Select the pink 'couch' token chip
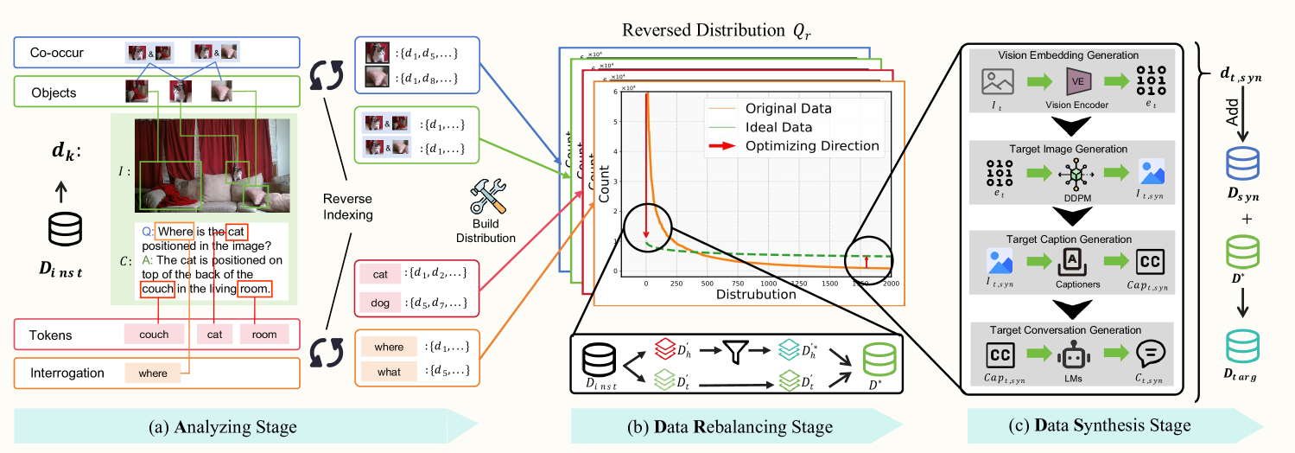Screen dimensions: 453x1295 tap(153, 334)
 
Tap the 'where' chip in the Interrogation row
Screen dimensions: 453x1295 tap(153, 373)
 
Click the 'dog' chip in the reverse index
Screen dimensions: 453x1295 tap(380, 303)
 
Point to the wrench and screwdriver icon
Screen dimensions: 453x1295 tap(486, 198)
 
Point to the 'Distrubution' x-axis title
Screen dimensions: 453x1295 tap(757, 294)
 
